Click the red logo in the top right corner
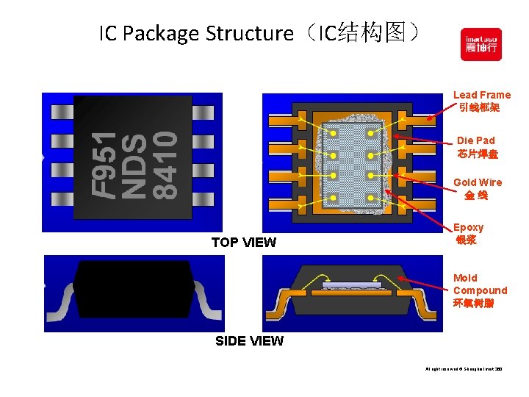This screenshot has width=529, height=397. (x=481, y=44)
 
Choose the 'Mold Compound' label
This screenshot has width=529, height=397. (x=480, y=290)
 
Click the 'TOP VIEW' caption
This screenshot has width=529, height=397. (x=243, y=243)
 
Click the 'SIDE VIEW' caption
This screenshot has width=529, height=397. (x=249, y=341)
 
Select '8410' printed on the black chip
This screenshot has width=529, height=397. (x=165, y=165)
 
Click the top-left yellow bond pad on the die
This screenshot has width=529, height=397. (x=333, y=134)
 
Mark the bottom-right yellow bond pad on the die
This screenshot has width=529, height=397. (x=372, y=198)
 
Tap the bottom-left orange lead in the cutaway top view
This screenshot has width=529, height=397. (x=282, y=201)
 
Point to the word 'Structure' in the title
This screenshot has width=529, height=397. (x=249, y=34)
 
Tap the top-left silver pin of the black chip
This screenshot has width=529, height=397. (x=60, y=112)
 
